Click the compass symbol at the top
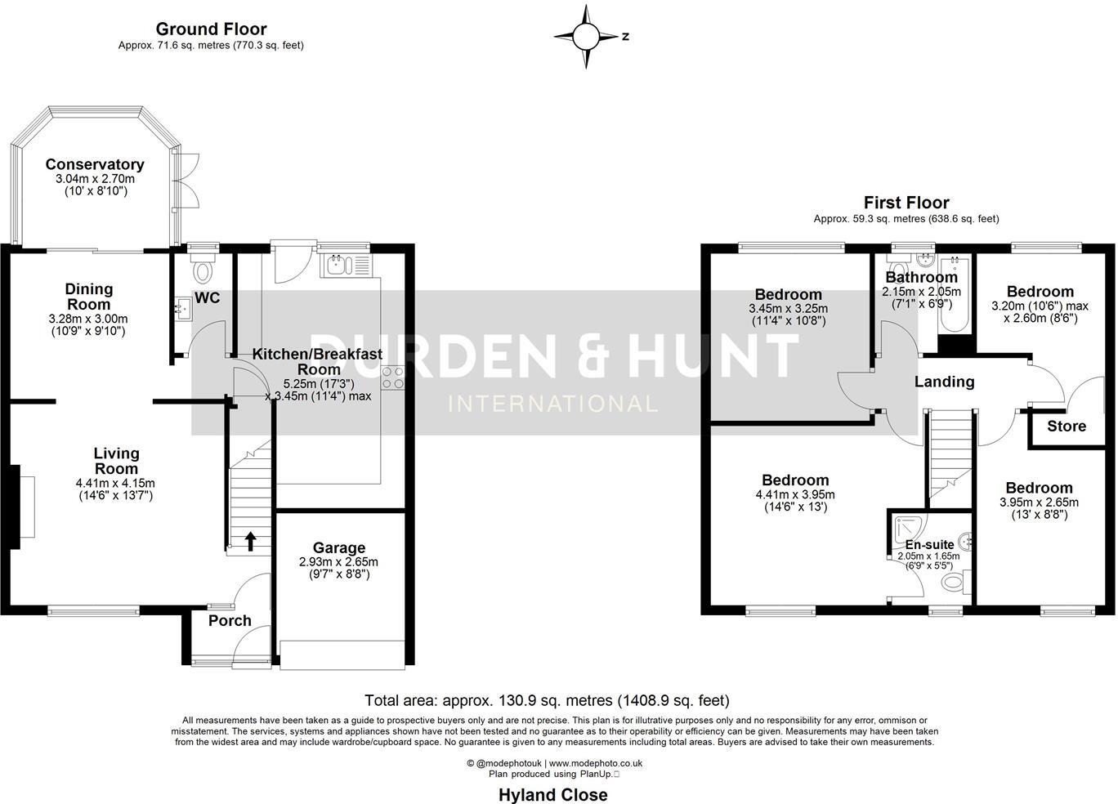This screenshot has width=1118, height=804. tap(586, 37)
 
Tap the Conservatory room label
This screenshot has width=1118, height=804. tap(95, 165)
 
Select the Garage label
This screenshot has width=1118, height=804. tap(339, 548)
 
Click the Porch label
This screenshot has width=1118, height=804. tap(230, 621)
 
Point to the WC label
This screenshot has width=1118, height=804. tap(207, 298)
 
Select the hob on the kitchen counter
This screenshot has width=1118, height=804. tap(392, 378)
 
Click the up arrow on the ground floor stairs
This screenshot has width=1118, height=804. tap(249, 540)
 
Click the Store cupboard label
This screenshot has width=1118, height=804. tap(1067, 427)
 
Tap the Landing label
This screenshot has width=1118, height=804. tap(944, 382)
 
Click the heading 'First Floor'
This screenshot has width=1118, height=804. tap(906, 203)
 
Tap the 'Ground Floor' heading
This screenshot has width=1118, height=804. tap(211, 29)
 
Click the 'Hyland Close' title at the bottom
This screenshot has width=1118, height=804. tap(553, 795)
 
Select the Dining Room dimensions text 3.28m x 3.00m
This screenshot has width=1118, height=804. tap(88, 319)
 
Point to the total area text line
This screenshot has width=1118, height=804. tap(547, 700)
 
